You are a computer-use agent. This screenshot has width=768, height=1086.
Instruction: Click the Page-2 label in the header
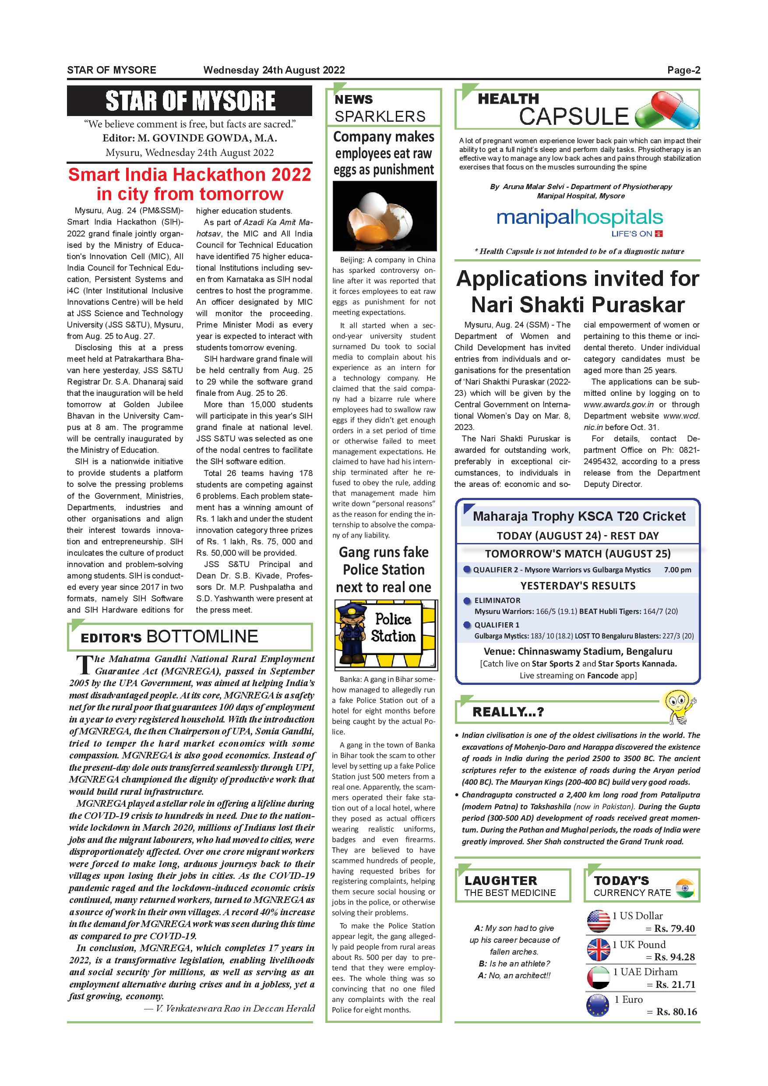click(683, 71)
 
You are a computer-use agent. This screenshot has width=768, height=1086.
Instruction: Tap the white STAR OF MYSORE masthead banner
click(190, 101)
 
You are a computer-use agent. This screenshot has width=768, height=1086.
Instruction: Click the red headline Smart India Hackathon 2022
click(190, 184)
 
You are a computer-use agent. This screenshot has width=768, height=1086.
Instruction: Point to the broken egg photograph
click(384, 216)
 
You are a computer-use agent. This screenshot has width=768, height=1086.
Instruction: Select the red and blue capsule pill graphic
click(666, 110)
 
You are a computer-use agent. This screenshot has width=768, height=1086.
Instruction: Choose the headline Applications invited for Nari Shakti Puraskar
click(578, 291)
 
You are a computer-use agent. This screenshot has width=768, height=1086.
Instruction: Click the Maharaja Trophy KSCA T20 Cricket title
click(579, 516)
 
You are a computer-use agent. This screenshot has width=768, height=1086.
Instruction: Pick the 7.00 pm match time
click(677, 570)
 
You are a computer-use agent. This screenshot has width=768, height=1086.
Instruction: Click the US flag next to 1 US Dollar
click(598, 921)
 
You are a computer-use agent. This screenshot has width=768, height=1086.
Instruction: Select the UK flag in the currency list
click(598, 949)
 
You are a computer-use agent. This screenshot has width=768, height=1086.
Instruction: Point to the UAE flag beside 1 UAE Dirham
click(598, 977)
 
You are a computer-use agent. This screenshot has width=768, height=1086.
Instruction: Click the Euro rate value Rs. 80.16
click(676, 1012)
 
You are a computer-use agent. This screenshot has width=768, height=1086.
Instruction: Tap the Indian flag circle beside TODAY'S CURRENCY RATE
click(685, 888)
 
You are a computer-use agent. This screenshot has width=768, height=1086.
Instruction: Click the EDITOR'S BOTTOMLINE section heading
click(169, 637)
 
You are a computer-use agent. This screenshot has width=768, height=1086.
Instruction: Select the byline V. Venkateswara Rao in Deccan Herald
click(229, 1008)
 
